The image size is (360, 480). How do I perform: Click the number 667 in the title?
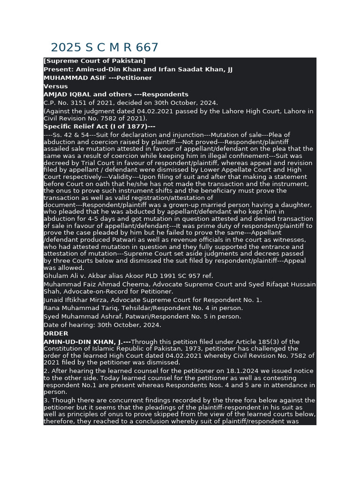tap(147, 48)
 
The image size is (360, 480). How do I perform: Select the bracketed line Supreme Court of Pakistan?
tap(95, 61)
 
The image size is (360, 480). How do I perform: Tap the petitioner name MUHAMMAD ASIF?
tap(67, 78)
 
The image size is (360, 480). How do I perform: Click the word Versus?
tap(56, 86)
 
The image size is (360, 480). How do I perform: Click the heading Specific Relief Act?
tap(74, 127)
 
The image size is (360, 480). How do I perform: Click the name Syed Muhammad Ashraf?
tap(75, 317)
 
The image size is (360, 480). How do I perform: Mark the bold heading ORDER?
tap(56, 334)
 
